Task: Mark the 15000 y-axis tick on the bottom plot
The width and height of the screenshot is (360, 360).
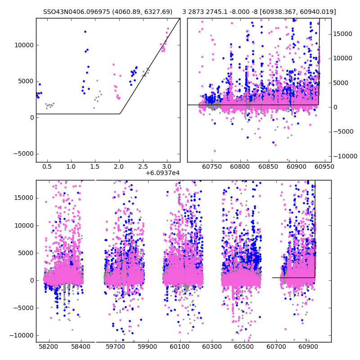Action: tap(23, 198)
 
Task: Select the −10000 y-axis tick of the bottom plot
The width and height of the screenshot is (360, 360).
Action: tap(22, 335)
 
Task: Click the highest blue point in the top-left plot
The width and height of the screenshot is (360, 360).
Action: tap(85, 31)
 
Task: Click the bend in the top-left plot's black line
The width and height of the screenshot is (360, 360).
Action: tap(120, 113)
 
